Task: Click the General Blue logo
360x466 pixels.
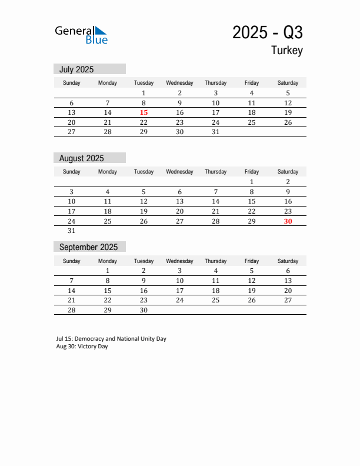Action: [81, 35]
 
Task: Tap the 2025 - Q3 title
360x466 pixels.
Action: [267, 32]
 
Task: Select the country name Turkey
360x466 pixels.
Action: [287, 51]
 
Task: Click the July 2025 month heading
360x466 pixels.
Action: [76, 69]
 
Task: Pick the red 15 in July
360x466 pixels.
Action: [144, 112]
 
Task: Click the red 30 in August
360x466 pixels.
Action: [288, 221]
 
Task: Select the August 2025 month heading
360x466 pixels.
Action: [81, 158]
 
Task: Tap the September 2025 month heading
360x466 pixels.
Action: [88, 247]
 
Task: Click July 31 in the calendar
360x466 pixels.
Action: [215, 132]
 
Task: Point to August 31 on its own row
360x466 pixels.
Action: [72, 231]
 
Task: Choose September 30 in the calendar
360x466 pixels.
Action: [144, 310]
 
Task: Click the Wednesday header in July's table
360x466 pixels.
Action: [179, 83]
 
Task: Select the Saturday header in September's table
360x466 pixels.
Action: [288, 261]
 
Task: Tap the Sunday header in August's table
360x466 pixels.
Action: [72, 172]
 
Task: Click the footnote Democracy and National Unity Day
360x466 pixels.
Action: [111, 339]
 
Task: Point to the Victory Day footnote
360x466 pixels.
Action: [82, 347]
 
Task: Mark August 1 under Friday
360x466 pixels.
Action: [252, 182]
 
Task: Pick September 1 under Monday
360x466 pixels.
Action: [108, 271]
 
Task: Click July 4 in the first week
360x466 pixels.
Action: [252, 93]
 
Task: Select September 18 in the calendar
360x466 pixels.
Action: [215, 291]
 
